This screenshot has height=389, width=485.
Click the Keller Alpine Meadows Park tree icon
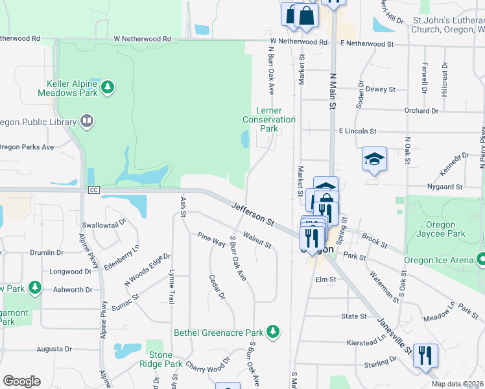point(108,86)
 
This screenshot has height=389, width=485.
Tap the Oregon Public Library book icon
point(86,121)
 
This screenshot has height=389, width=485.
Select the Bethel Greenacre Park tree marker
point(273,331)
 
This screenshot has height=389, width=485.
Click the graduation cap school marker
point(374,159)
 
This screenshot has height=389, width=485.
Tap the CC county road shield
point(94,189)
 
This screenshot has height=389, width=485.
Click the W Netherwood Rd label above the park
point(142,39)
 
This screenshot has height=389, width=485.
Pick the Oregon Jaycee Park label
point(441,229)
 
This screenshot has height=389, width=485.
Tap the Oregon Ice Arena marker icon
point(480,259)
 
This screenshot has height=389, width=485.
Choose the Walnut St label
point(257,239)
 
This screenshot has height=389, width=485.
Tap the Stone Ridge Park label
point(161,359)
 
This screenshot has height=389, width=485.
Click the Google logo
point(21,381)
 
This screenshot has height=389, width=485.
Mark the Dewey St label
point(381,89)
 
